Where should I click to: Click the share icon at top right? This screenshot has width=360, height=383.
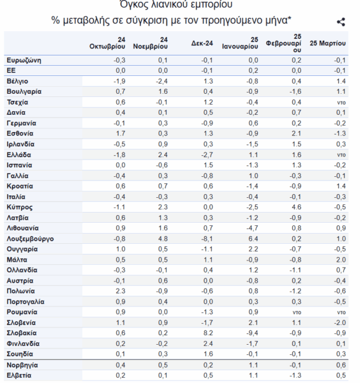point(341,22)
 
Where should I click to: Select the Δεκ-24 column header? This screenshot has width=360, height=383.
point(202,43)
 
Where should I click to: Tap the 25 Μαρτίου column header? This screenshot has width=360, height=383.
point(327,43)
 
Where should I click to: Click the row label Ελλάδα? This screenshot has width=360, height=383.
point(19,155)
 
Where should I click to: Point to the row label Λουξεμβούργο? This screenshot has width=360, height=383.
point(30,239)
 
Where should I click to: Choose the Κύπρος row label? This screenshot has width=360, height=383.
point(20,207)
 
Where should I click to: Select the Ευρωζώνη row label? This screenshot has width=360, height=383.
point(24,61)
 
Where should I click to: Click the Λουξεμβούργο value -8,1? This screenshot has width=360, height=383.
point(207,239)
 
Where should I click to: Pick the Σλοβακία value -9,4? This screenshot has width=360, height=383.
point(252,333)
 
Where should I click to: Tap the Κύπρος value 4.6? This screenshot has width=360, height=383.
point(297,207)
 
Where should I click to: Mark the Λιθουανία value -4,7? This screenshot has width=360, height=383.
point(252,228)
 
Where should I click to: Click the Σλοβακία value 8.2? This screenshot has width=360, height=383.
point(208,333)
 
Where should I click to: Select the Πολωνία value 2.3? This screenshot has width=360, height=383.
point(121,291)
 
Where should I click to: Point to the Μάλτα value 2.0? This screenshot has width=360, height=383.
point(341,260)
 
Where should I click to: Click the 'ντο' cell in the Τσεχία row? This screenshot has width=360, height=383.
point(341,103)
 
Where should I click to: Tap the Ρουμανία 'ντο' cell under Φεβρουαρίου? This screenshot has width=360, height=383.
point(297,312)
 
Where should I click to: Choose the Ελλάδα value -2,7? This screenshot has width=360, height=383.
point(207,155)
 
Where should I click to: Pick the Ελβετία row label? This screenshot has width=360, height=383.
point(19,375)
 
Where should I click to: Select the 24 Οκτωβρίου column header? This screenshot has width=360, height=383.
point(107,43)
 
